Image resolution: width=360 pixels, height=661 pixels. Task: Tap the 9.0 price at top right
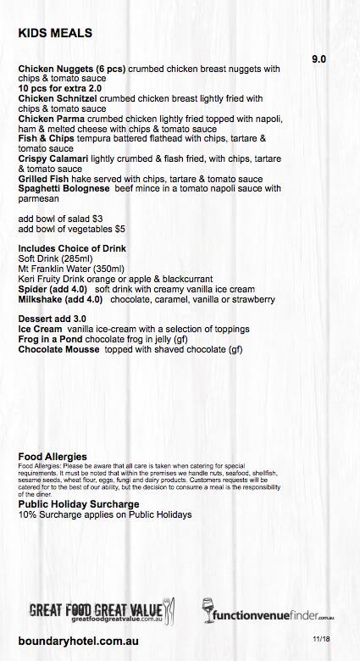coord(319,60)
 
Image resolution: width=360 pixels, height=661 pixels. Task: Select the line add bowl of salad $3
coord(60,218)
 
